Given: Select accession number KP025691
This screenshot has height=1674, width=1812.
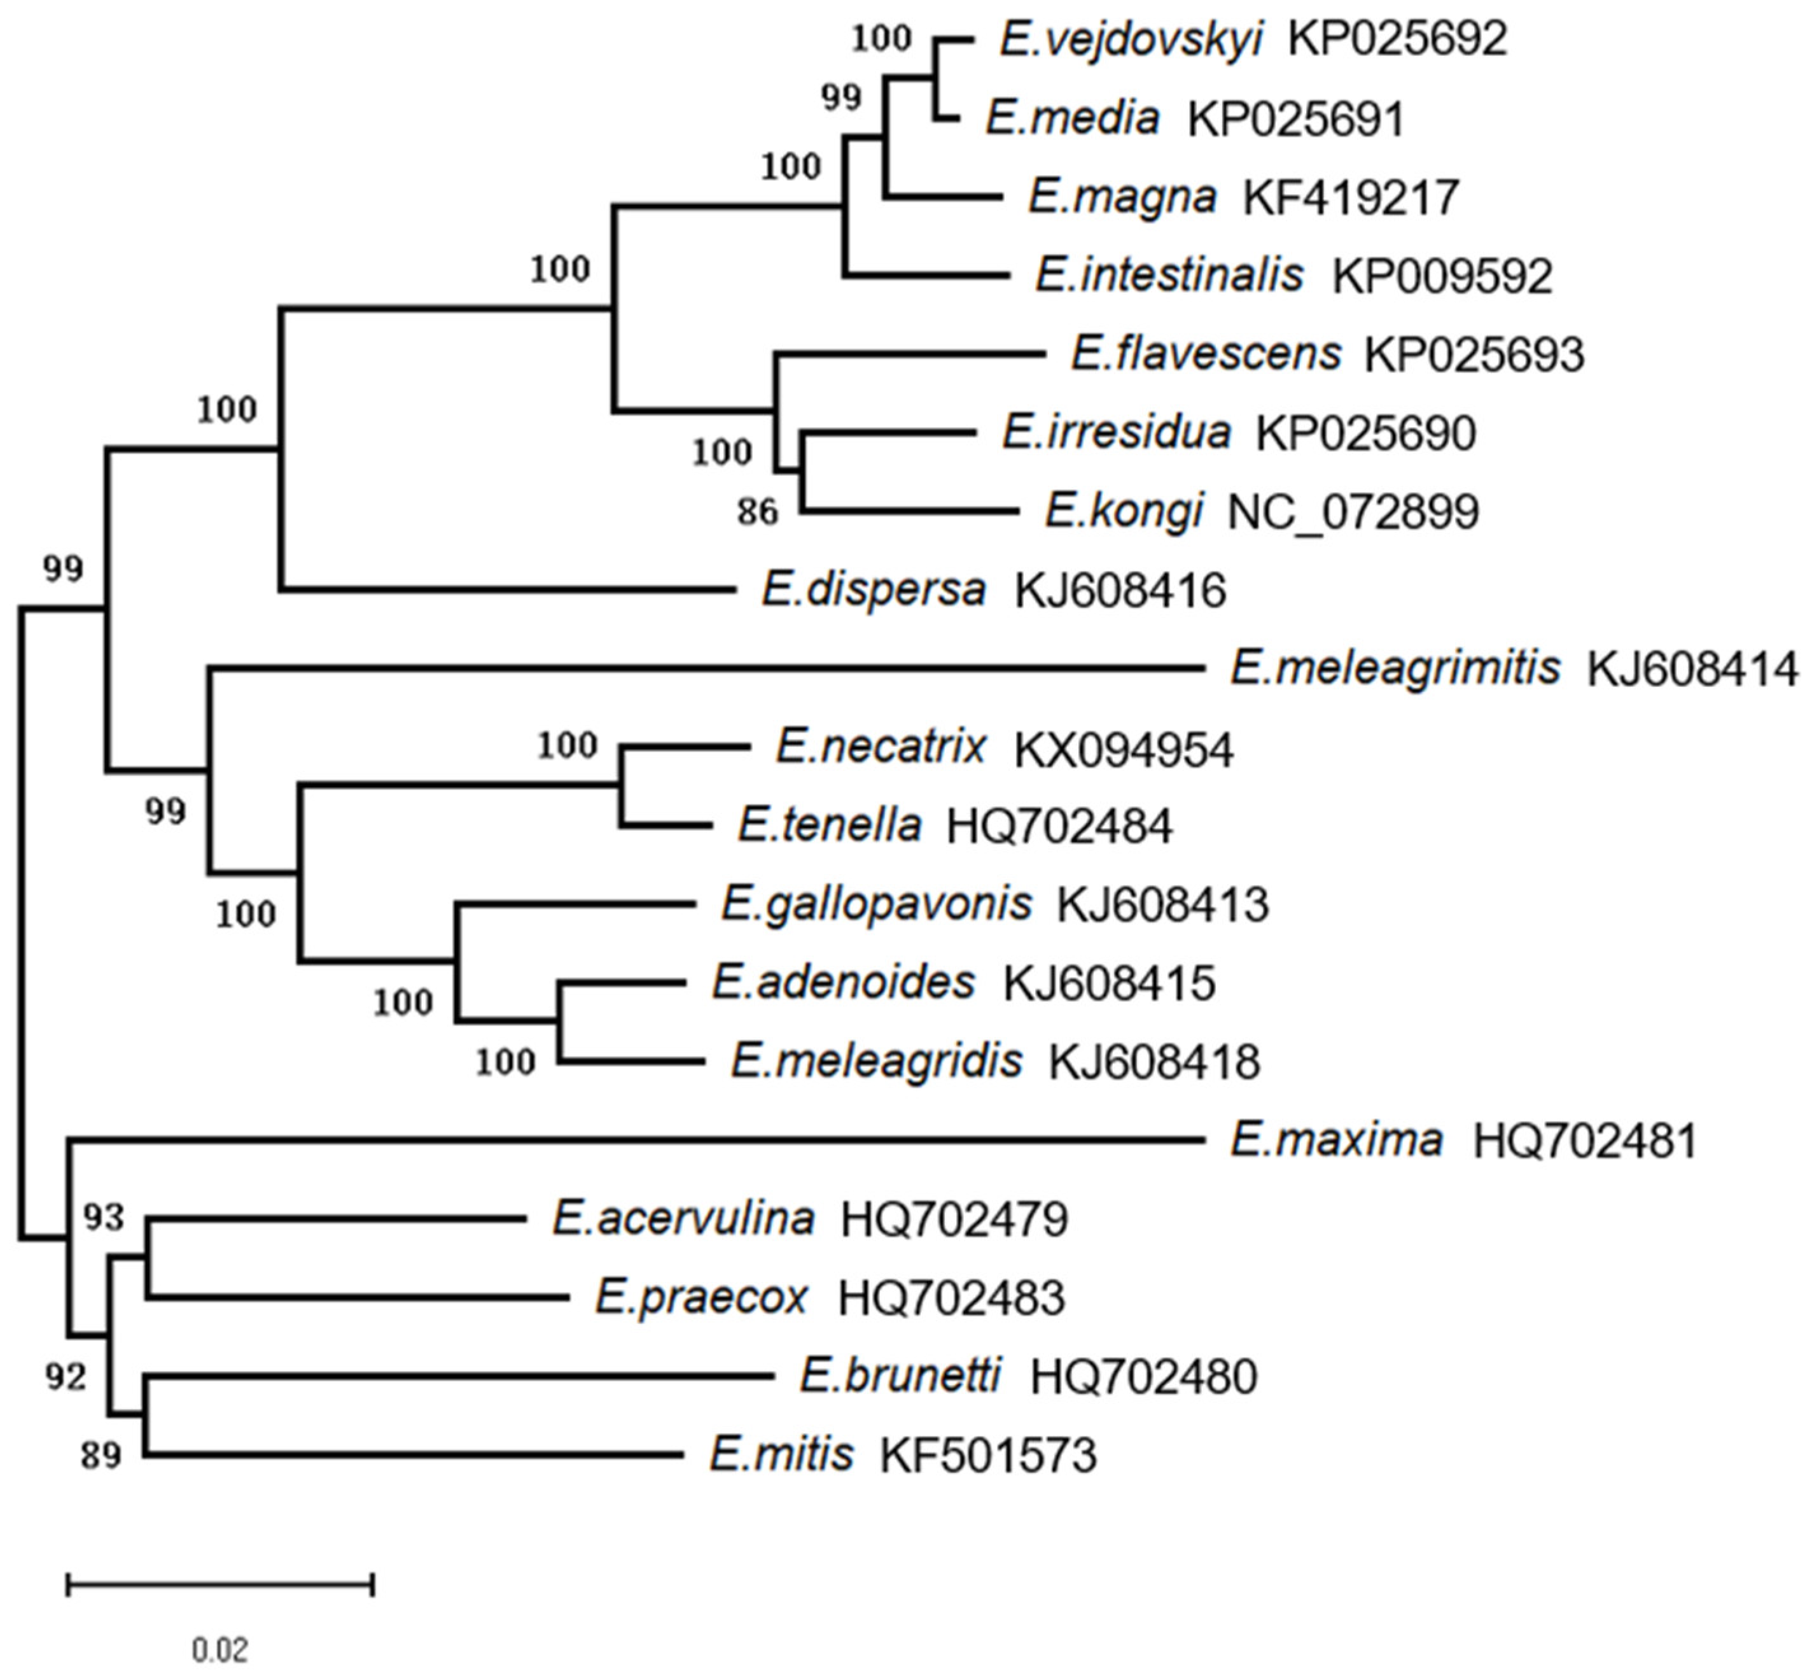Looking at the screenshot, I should pos(1295,118).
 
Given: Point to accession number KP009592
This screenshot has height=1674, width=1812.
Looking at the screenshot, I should pos(1442,276).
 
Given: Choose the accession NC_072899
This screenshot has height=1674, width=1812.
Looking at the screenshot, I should pos(1353,512).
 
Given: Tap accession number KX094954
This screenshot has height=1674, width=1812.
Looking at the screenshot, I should pos(1123,750).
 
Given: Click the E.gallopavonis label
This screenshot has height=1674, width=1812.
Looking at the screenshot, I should pos(875,904).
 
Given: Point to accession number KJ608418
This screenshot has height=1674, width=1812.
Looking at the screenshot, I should pos(1153,1062).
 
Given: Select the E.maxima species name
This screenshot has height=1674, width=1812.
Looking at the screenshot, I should pos(1335,1141).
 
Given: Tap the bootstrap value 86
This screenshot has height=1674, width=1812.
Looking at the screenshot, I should pos(757,513).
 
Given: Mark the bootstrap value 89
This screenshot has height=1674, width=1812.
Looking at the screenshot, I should pos(101,1456).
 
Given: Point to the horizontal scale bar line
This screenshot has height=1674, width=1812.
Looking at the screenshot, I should pos(220,1584).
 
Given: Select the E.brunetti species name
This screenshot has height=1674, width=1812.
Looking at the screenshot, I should pos(900,1377).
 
